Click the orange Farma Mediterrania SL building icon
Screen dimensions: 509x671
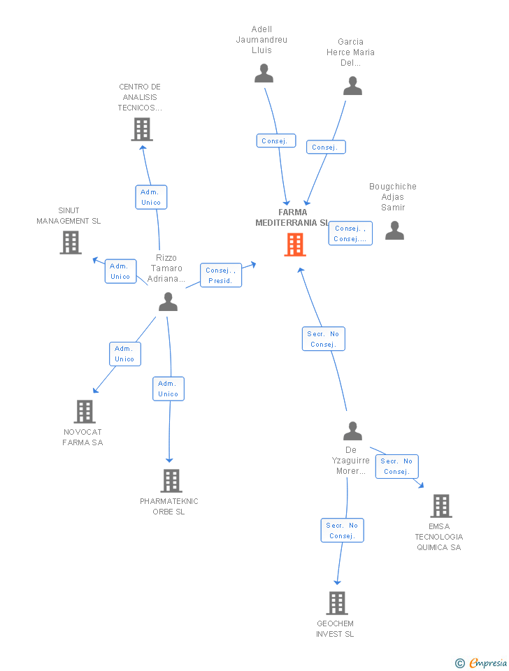(x=295, y=245)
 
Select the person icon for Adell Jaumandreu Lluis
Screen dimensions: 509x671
(x=264, y=73)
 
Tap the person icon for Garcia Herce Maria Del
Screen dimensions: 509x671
(x=353, y=85)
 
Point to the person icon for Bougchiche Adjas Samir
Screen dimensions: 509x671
(x=395, y=230)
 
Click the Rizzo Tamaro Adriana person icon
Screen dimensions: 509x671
(x=168, y=301)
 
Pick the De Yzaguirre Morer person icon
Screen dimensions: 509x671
(x=353, y=431)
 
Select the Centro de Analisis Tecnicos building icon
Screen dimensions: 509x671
(x=142, y=129)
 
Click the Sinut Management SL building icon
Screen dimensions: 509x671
(x=71, y=243)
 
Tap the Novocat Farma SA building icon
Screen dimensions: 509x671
(x=85, y=412)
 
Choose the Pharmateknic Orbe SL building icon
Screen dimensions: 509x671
(x=171, y=481)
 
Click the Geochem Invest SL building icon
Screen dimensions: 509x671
(x=337, y=603)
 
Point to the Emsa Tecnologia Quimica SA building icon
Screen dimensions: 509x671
(x=441, y=506)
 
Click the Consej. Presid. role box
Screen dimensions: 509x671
(x=221, y=275)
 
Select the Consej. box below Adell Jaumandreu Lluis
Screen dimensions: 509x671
(x=276, y=140)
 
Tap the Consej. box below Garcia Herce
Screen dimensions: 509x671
(x=326, y=147)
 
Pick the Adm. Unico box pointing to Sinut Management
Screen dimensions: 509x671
(x=121, y=271)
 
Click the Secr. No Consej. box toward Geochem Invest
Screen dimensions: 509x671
(x=343, y=531)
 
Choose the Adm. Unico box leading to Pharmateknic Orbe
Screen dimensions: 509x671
(x=169, y=389)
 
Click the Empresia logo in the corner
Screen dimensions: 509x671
(x=481, y=663)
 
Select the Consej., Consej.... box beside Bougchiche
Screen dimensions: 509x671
(x=350, y=233)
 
